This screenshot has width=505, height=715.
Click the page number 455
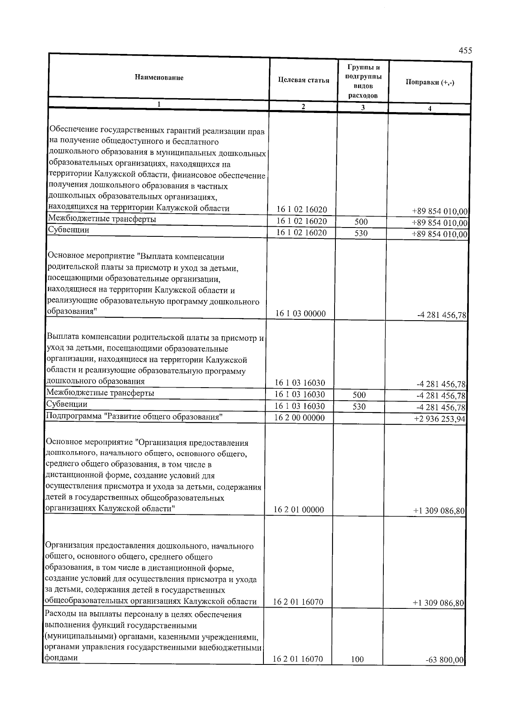tap(465, 51)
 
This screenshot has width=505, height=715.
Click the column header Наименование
tap(159, 78)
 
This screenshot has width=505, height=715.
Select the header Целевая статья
tap(303, 80)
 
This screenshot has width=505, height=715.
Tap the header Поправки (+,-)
tap(430, 82)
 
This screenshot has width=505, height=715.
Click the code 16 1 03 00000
tap(300, 313)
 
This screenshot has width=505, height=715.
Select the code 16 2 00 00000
tap(300, 418)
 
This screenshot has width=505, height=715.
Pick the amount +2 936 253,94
tap(440, 419)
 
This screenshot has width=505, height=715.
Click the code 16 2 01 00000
tap(299, 510)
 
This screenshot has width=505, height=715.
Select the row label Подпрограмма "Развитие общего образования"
tap(134, 417)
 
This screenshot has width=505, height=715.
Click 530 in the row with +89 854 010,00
tap(361, 233)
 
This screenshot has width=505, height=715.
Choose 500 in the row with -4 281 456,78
tap(359, 395)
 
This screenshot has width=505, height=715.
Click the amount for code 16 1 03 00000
tap(441, 315)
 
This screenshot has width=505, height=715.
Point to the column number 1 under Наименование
tap(159, 104)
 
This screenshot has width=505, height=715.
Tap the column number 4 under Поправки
tap(429, 108)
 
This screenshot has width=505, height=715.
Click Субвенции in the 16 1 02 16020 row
tap(68, 230)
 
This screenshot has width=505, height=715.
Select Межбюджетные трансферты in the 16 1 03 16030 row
tap(100, 393)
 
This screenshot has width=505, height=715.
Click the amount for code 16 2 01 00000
tap(439, 511)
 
